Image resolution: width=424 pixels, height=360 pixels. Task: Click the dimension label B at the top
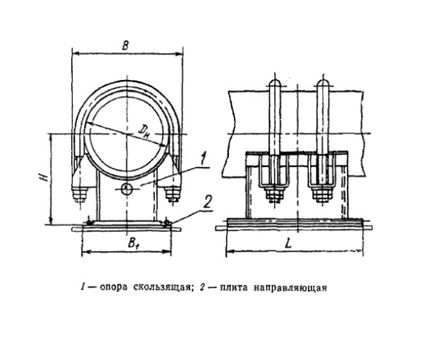pos(125,45)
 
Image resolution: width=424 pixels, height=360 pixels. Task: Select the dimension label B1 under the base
pos(133,243)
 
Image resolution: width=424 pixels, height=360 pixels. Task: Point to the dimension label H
pos(45,178)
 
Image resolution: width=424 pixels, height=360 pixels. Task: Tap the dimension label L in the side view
pos(288,243)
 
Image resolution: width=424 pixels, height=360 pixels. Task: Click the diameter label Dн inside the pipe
pos(144,131)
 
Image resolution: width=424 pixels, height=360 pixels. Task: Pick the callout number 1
pos(203,159)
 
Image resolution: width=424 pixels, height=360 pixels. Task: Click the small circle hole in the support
pos(126,189)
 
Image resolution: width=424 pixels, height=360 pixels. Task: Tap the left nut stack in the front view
pos(80,194)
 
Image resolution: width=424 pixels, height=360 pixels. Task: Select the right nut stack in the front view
pos(173,194)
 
